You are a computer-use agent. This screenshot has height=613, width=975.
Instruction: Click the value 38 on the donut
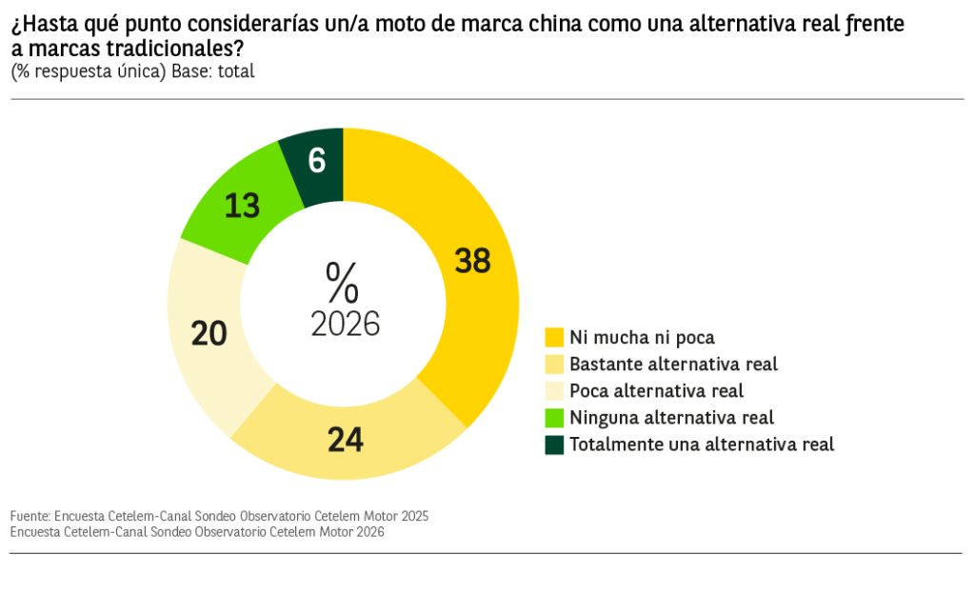(x=472, y=261)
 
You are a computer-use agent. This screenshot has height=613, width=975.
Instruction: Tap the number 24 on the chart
(x=346, y=440)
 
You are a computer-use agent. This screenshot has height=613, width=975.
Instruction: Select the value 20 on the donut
(x=209, y=333)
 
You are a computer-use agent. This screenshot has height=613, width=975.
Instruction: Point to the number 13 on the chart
(x=242, y=206)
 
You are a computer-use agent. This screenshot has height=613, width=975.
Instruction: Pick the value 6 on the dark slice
(x=317, y=161)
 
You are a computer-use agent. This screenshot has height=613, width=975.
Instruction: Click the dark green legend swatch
(x=554, y=445)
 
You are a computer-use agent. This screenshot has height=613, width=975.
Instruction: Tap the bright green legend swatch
(x=554, y=418)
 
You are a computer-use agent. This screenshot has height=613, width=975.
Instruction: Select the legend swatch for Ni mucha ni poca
(x=554, y=337)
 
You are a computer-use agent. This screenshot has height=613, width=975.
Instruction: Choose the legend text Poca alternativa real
(x=656, y=390)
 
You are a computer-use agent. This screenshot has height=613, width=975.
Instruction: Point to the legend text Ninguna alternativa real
(x=671, y=417)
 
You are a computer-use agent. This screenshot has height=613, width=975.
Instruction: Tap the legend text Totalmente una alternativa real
(x=702, y=444)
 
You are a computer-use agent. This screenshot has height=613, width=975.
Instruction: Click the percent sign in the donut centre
(x=342, y=283)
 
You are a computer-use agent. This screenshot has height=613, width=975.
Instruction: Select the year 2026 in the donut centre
(x=345, y=325)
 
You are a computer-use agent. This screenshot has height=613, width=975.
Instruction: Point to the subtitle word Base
(x=192, y=71)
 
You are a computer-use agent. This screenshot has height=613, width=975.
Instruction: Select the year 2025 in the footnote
(x=414, y=516)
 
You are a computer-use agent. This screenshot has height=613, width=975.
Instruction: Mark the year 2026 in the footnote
(x=368, y=532)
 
